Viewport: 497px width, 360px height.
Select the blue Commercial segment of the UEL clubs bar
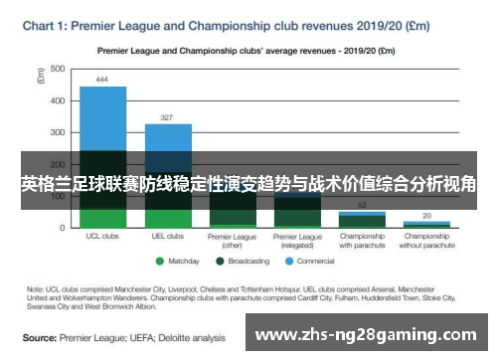tap(168, 137)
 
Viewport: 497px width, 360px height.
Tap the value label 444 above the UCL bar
tap(102, 79)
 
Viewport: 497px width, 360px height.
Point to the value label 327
tap(168, 116)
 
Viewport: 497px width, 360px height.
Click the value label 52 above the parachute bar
tap(362, 204)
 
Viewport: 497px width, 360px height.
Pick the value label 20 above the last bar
tap(426, 215)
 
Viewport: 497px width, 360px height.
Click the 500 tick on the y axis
tap(58, 69)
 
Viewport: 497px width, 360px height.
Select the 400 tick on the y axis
tap(58, 100)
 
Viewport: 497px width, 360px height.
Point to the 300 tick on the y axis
tap(58, 132)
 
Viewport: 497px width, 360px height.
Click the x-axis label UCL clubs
tap(102, 237)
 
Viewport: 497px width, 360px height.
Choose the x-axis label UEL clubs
tap(168, 237)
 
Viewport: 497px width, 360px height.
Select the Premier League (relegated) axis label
tap(297, 241)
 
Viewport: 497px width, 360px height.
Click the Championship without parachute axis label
tap(426, 241)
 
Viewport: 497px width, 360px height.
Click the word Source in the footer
tap(40, 337)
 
